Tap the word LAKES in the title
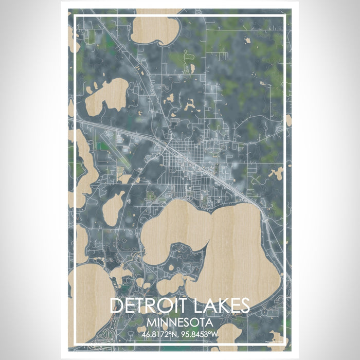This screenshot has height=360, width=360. coord(218,306)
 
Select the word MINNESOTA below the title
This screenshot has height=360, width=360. coord(179,322)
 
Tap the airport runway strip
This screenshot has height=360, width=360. coord(114,149)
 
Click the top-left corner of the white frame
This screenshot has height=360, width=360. coord(75,16)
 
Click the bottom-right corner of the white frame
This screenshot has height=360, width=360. coord(285,344)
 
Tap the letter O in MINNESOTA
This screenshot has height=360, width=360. coord(196,322)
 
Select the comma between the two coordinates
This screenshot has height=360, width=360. coord(179,335)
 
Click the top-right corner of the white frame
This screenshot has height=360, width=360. coord(285,16)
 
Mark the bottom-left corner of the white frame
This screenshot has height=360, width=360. coord(75,344)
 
